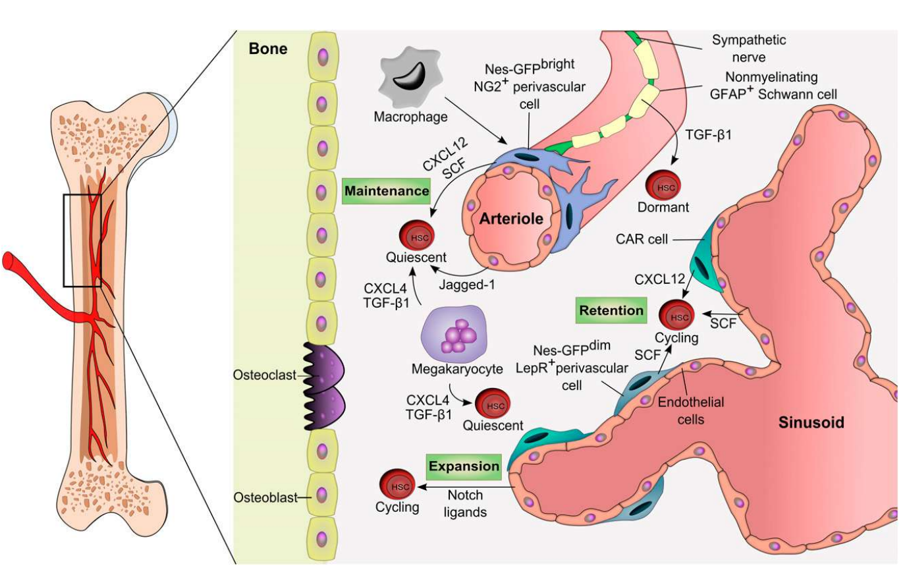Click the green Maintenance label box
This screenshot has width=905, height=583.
click(387, 191)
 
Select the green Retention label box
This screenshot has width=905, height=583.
click(611, 310)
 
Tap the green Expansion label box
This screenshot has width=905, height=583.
click(464, 466)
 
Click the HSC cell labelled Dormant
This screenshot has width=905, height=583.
click(663, 186)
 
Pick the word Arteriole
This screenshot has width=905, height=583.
click(511, 219)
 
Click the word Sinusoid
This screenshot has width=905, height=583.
click(811, 422)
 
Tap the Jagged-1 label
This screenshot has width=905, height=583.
click(466, 285)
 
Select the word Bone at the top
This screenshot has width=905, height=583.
click(268, 49)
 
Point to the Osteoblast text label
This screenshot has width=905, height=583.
click(265, 498)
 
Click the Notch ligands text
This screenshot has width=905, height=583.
click(465, 503)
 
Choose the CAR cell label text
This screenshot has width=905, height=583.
click(642, 239)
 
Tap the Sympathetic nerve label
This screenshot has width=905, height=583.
click(748, 48)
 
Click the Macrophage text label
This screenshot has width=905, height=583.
click(410, 117)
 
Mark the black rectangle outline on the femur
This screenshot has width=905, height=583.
click(82, 240)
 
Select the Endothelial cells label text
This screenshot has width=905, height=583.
click(690, 410)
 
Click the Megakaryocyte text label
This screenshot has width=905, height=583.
click(457, 369)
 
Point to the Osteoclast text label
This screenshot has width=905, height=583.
click(264, 375)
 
